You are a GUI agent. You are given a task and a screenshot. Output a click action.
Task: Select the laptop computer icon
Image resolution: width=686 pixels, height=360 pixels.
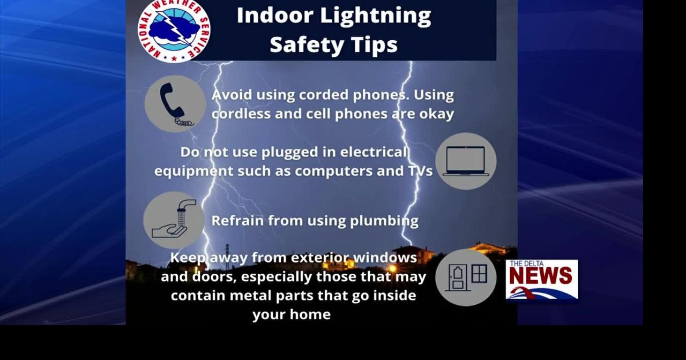pos(466,161)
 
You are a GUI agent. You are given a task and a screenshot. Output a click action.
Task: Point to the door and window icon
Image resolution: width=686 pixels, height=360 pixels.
pos(466,277)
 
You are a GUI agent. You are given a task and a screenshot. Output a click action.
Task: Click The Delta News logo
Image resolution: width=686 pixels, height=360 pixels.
pos(542,279)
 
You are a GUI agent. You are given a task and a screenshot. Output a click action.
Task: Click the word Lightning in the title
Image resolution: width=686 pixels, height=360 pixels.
pos(376,17)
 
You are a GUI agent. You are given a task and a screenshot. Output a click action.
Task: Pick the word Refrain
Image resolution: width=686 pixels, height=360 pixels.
pos(237,220)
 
